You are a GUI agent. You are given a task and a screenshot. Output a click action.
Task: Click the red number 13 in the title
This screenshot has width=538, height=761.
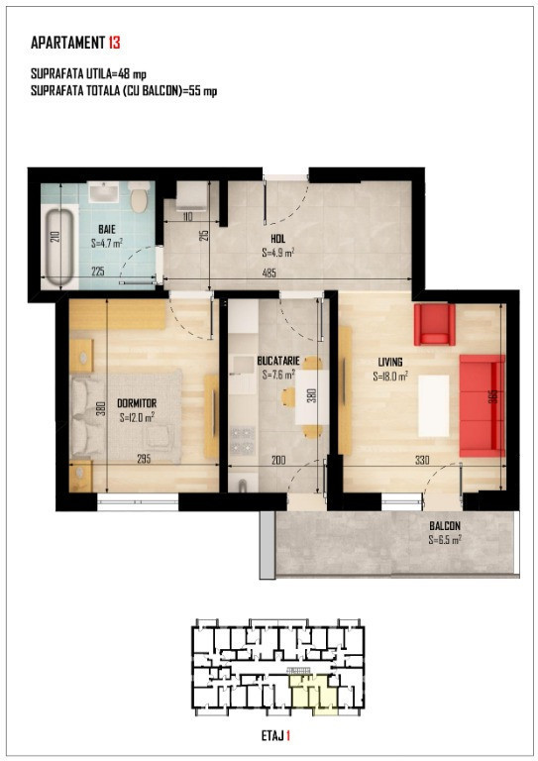pos(115,43)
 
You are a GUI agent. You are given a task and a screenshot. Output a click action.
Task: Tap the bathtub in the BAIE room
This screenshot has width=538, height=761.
pos(59,246)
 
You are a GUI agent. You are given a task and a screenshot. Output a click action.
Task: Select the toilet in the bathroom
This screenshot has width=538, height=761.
pos(139,197)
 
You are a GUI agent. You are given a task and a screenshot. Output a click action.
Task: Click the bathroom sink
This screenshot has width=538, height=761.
pos(103,192)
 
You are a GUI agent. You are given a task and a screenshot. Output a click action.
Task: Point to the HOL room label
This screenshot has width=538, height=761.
pos(278,239)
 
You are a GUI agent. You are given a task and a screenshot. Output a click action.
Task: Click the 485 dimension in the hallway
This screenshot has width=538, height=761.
pos(269,272)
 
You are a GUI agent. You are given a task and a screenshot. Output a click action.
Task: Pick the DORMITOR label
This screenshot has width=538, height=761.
pos(137,403)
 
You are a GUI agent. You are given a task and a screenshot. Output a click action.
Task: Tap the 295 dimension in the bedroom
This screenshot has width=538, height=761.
pos(144,459)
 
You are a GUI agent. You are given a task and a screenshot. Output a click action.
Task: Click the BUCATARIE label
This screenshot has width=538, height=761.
pos(278,361)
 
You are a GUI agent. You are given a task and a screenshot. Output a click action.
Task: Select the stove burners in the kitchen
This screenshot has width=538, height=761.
pos(242,440)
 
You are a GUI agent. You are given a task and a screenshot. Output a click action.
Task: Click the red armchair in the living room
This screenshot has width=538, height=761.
pos(434,324)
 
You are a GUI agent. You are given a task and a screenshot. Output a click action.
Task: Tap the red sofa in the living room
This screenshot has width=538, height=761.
pos(482,405)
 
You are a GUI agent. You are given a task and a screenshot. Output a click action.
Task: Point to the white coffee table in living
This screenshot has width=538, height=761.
pos(434,405)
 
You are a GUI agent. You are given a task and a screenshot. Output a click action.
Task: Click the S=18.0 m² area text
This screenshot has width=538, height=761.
pos(390,377)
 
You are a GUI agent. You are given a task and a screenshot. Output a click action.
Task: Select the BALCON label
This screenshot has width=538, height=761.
pos(445,525)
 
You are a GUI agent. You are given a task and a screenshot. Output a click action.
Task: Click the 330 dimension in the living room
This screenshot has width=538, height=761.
pos(422,460)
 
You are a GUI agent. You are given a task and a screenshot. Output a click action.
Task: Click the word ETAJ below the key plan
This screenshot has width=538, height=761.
pos(272,736)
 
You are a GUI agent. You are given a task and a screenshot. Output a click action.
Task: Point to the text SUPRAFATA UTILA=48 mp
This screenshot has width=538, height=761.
pos(88,74)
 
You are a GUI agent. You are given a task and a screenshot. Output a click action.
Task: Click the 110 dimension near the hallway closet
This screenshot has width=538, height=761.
pos(187,216)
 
